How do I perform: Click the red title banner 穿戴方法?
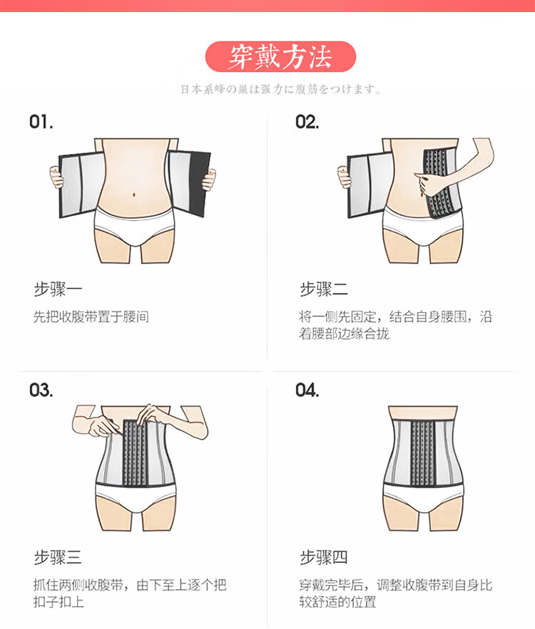[280, 57]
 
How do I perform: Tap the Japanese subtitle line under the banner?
[280, 90]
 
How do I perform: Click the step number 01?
[41, 122]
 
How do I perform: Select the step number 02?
[307, 122]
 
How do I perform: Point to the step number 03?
[41, 390]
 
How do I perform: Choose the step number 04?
[307, 390]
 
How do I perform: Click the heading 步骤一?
[58, 289]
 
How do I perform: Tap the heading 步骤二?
[324, 289]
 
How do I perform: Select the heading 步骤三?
[58, 557]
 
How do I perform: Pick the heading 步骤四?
[324, 557]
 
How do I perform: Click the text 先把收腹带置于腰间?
[91, 317]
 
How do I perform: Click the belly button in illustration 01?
[135, 191]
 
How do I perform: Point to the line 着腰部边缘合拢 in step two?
[345, 334]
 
